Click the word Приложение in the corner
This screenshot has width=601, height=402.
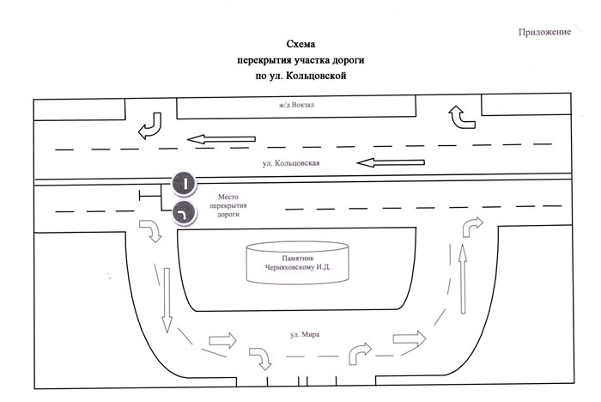pos(544,33)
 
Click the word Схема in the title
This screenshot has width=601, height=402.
pos(300,44)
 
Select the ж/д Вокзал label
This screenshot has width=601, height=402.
pos(296,104)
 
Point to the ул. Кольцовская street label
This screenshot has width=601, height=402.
pos(291,163)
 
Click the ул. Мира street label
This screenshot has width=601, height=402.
pos(305,334)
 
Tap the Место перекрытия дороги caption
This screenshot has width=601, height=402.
pos(228,205)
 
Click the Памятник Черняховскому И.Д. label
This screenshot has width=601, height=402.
pos(297,263)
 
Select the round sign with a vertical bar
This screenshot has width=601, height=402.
pos(185,183)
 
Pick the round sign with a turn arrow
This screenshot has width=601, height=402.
pos(185,213)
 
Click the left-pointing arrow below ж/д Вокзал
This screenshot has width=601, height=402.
pos(222,139)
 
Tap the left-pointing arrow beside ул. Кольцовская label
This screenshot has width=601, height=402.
pos(391,162)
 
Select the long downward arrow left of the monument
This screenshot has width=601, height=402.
pos(167,300)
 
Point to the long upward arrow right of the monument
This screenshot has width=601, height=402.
pos(463,279)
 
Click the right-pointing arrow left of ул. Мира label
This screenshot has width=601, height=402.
pos(222,340)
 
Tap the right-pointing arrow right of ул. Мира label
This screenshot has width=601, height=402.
pos(410,338)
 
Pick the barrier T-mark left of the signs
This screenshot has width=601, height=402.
pos(150,196)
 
